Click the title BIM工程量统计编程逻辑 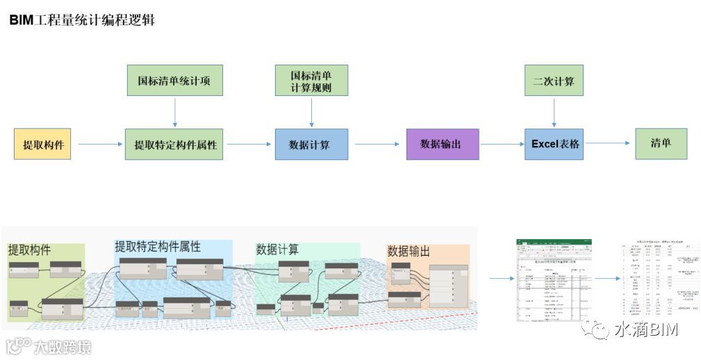point(82,20)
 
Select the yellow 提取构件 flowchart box point(42,145)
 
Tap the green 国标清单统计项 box point(174,81)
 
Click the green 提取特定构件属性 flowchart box point(174,145)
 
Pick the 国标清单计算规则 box point(311,81)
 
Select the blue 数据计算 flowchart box point(311,145)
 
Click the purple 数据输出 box point(442,144)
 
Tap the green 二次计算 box point(554,81)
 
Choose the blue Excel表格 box point(554,144)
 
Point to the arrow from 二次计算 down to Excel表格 point(554,112)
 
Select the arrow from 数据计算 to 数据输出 point(377,145)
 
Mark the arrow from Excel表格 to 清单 point(609,144)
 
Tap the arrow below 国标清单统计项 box point(174,112)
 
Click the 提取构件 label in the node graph point(29,250)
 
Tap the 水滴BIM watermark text point(645,329)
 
